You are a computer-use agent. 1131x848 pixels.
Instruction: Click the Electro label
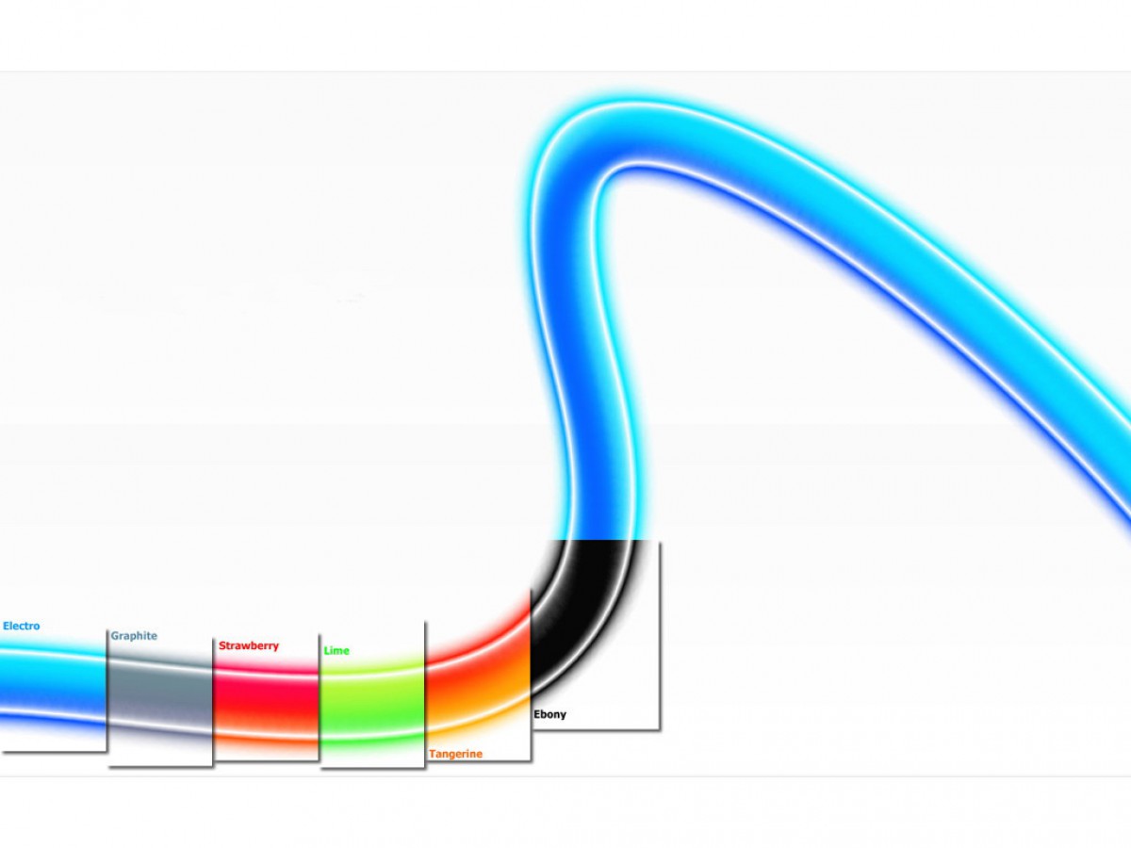21,626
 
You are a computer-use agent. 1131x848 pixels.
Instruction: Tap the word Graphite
134,636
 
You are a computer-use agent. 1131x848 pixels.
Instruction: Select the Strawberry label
249,645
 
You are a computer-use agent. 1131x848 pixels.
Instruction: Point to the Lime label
336,651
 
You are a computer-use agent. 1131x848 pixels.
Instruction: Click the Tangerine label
455,755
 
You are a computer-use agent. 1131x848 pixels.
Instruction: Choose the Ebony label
549,714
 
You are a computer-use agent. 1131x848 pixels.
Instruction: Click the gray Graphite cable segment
159,696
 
